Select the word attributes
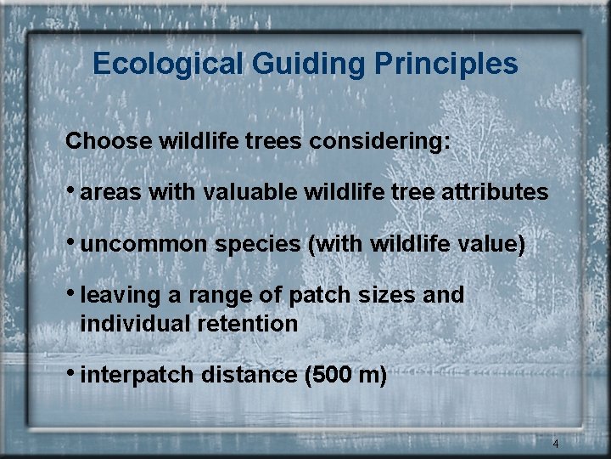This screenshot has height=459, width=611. (495, 192)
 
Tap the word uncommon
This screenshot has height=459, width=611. (146, 245)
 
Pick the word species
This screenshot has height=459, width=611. (259, 245)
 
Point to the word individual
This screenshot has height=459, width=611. (132, 323)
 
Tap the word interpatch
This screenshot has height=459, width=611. (138, 375)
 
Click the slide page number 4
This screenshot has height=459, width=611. (555, 444)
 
